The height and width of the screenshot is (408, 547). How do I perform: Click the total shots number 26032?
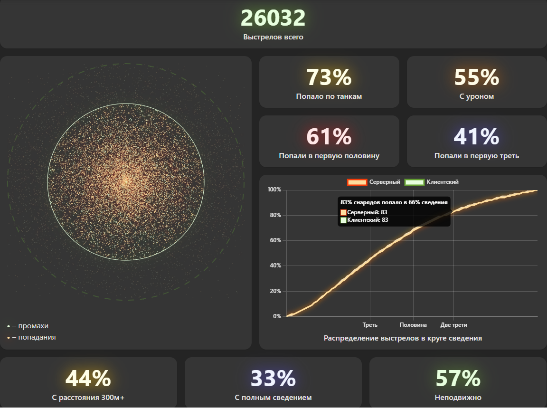tap(273, 19)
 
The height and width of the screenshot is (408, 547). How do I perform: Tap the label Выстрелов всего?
tap(273, 37)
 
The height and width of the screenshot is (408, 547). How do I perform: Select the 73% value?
tap(329, 77)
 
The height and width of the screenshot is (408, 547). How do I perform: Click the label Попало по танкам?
tap(329, 96)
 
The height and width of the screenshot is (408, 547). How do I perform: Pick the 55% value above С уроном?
tap(477, 77)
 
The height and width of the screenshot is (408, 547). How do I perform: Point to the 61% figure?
tap(329, 137)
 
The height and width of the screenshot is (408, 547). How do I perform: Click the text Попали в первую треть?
tap(477, 156)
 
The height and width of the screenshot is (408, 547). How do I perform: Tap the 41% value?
tap(477, 137)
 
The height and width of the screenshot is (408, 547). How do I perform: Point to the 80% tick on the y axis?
tap(275, 215)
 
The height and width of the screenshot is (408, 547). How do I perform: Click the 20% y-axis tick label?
tap(275, 291)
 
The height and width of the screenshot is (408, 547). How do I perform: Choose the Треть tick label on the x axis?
tap(370, 325)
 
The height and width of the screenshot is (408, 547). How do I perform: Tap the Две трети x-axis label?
tap(453, 325)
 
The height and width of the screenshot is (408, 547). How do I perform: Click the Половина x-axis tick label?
tap(413, 325)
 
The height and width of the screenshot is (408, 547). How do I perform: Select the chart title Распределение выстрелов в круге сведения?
tap(403, 338)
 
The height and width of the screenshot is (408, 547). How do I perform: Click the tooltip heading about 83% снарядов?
tap(394, 202)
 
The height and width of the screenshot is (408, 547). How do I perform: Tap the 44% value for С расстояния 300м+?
tap(88, 379)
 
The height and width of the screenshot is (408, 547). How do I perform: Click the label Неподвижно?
tap(458, 398)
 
